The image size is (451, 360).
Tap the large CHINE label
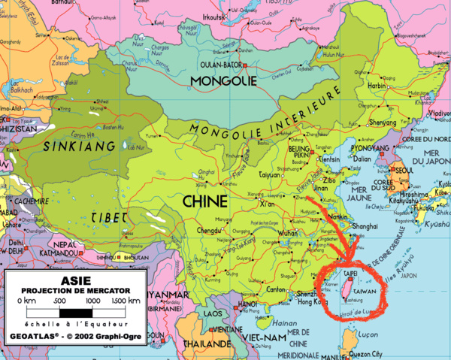click(204, 201)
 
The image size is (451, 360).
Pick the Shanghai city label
click(361, 226)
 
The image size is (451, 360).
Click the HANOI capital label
click(250, 304)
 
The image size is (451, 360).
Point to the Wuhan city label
click(288, 233)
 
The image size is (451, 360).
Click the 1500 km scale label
click(124, 301)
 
